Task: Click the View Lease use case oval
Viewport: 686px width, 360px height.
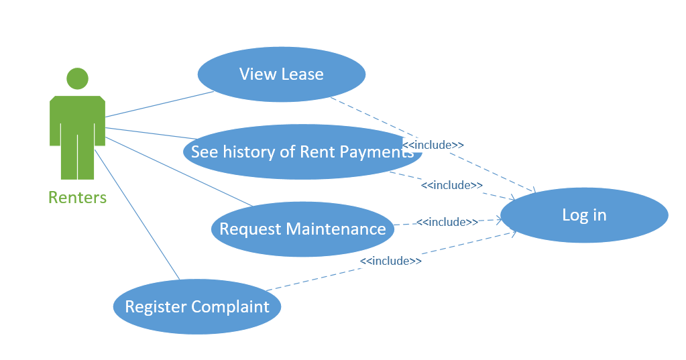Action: coord(281,74)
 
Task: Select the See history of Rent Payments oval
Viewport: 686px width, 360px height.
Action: coord(302,152)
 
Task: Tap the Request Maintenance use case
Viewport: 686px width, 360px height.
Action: coord(302,229)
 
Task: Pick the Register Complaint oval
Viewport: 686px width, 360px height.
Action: coord(197,307)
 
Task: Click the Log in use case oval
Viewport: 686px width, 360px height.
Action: coord(584,215)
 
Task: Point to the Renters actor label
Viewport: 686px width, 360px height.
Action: coord(77,198)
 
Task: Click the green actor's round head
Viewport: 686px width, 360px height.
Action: coord(77,78)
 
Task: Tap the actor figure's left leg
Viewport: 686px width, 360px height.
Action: coord(68,158)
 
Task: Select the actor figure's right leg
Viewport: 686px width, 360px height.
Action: coord(87,158)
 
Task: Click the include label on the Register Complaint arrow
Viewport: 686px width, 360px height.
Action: coord(391,261)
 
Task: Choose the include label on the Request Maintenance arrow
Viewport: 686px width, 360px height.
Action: coord(447,222)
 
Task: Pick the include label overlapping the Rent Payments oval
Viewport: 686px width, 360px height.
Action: coord(434,145)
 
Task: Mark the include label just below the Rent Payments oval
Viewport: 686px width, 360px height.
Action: coord(452,185)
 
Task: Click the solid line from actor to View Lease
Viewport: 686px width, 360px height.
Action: coord(159,104)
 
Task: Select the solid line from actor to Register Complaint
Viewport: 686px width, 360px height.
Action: coord(137,215)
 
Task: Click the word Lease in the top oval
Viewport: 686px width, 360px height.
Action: coord(302,74)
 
